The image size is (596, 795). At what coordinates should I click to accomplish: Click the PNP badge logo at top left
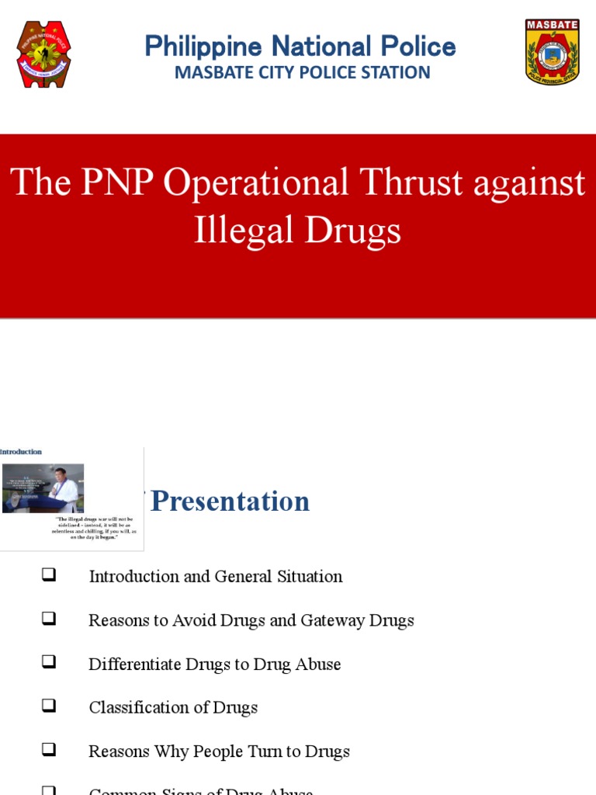pos(43,54)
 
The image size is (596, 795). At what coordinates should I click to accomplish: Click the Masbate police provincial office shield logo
pos(552,52)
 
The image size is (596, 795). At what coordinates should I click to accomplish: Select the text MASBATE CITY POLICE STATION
pos(302,73)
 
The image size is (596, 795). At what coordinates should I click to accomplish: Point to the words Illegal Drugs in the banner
pos(297,230)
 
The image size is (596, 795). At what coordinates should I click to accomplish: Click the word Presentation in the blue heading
pos(230,502)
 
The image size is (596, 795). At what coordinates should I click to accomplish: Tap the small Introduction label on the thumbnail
pos(21,452)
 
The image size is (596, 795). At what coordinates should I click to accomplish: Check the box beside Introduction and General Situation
pos(49,575)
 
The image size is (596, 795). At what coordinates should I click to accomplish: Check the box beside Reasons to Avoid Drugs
pos(49,619)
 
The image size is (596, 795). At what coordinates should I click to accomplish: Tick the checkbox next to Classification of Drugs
pos(49,706)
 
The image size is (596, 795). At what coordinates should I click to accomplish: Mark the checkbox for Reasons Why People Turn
pos(49,750)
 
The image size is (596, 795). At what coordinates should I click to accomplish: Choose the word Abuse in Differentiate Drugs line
pos(317,664)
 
